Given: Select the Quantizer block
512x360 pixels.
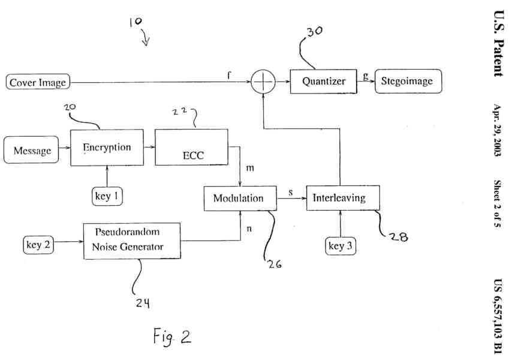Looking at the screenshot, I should click(x=323, y=81).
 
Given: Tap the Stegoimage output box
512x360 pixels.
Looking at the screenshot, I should click(x=408, y=81).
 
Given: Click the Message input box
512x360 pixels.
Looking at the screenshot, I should click(x=32, y=151).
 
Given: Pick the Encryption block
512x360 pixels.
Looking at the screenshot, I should click(x=107, y=148).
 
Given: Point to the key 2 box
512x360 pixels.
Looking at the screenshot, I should click(x=41, y=245).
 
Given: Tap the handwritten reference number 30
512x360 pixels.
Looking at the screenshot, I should click(x=314, y=32).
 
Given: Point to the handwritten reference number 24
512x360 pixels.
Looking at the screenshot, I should click(x=141, y=304).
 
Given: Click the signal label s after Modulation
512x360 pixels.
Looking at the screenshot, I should click(x=291, y=193).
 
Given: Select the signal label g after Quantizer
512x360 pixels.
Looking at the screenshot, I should click(x=366, y=76).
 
